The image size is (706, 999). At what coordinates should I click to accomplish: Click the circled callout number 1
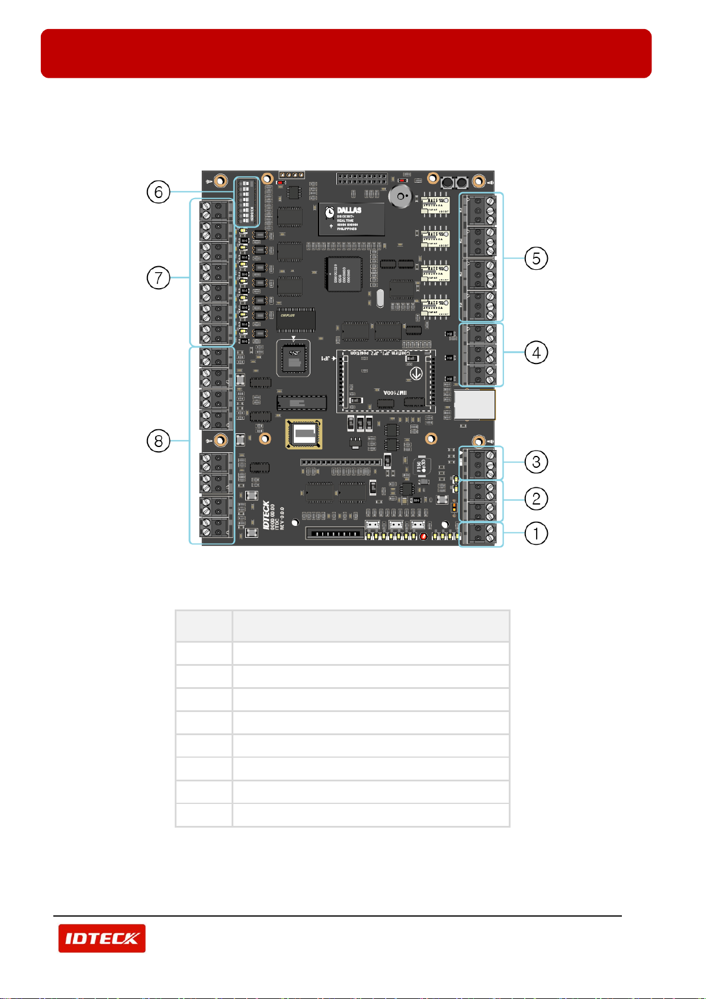pos(536,534)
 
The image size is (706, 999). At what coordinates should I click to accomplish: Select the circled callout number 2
pos(536,499)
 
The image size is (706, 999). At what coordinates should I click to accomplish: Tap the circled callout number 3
pos(536,462)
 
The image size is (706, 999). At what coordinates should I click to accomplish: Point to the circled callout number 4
pos(536,353)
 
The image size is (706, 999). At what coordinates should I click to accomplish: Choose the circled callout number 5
pos(536,258)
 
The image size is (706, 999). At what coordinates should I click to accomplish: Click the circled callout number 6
pos(159,192)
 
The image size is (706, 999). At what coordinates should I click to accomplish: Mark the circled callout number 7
pos(159,277)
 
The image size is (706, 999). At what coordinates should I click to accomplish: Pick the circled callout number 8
pos(159,441)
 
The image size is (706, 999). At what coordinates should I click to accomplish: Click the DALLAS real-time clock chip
pos(351,219)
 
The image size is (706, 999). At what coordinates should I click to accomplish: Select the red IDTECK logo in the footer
pos(102,938)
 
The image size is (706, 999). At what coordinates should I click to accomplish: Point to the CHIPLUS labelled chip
pos(296,319)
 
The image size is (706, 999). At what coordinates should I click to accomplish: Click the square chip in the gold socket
pos(304,433)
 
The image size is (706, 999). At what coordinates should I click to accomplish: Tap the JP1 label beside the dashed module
pos(326,359)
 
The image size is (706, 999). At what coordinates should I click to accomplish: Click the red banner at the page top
pos(346,53)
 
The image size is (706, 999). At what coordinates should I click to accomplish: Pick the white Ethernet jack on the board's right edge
pos(475,404)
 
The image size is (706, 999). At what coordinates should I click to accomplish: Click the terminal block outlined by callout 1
pos(481,534)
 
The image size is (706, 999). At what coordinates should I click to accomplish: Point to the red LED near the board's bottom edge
pos(423,537)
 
